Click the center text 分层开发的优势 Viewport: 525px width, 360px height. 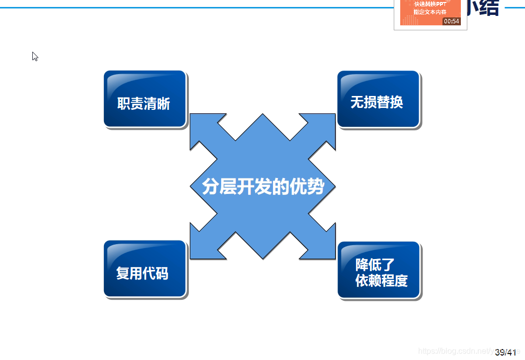click(x=263, y=186)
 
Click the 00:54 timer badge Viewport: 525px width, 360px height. click(x=451, y=21)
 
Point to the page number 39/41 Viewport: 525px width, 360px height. click(x=506, y=352)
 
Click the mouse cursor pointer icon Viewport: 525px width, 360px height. click(x=35, y=56)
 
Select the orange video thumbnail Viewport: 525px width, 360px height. click(x=430, y=12)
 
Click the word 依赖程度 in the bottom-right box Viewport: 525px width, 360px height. click(x=381, y=280)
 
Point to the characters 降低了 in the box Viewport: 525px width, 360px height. click(x=375, y=265)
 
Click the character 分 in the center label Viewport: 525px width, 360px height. click(x=211, y=186)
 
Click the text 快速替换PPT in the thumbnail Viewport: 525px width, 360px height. click(x=430, y=4)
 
